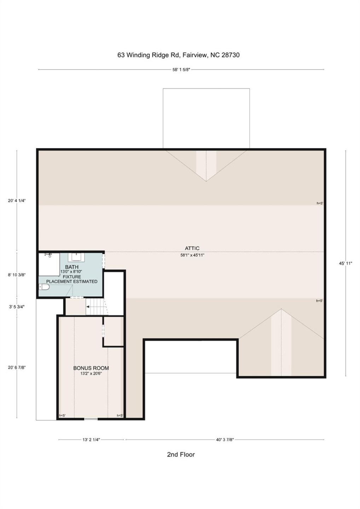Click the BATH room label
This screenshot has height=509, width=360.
tap(72, 267)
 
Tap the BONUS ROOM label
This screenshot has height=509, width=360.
tap(91, 368)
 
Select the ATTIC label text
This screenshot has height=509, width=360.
tap(192, 248)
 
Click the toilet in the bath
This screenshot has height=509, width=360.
tap(44, 287)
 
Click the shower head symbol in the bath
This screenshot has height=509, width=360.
tap(48, 255)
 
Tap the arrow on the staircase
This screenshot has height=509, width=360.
tap(88, 307)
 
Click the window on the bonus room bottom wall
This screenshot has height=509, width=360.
tap(91, 419)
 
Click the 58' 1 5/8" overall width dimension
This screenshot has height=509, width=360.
tap(181, 70)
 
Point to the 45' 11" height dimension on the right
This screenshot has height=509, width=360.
tap(346, 263)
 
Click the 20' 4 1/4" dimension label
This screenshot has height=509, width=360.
tap(17, 200)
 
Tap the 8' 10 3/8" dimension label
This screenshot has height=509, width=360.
tap(17, 275)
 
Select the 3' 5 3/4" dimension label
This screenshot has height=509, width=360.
tap(17, 307)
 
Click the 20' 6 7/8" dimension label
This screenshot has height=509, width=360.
tap(17, 367)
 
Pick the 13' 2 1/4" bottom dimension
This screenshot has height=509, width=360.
tap(91, 440)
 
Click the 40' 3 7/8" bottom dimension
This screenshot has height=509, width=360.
tap(225, 440)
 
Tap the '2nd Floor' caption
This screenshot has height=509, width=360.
tap(181, 455)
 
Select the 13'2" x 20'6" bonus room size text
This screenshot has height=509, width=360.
tap(91, 373)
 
